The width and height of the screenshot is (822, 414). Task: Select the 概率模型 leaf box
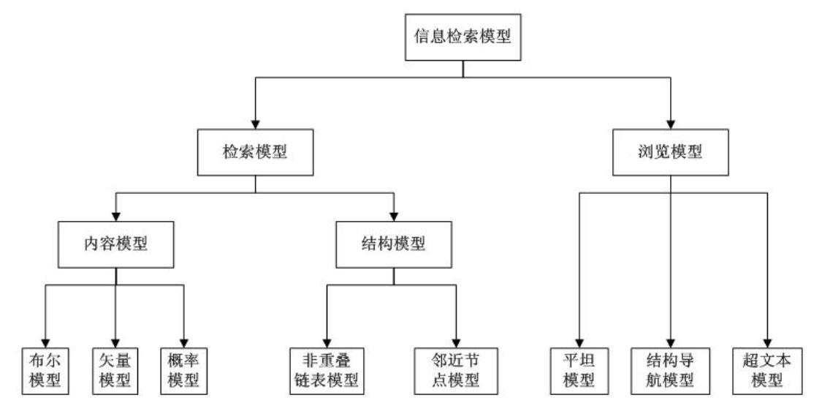(182, 370)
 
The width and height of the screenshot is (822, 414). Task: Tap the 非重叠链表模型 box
(324, 370)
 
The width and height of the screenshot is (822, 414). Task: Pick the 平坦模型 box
(577, 370)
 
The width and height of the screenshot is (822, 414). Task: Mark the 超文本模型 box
(766, 370)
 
